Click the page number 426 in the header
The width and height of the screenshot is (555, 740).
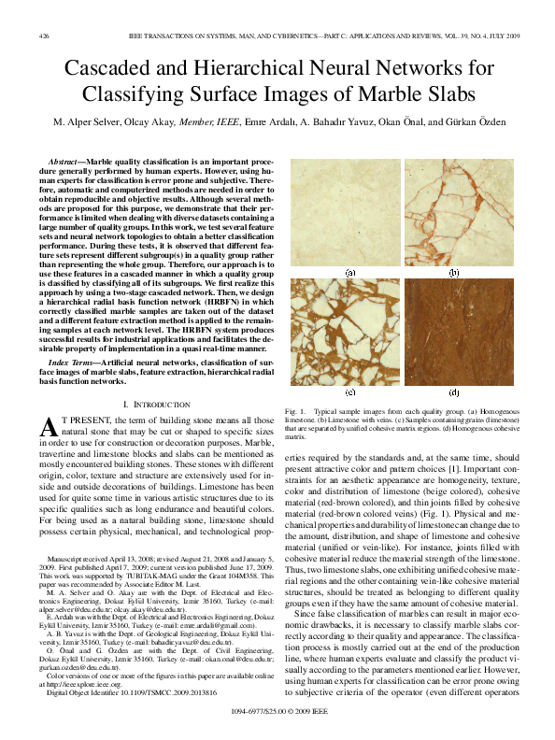(44, 36)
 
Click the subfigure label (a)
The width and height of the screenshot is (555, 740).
(350, 274)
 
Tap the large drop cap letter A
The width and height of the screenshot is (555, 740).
(52, 428)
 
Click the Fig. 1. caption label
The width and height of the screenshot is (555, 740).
(295, 411)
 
